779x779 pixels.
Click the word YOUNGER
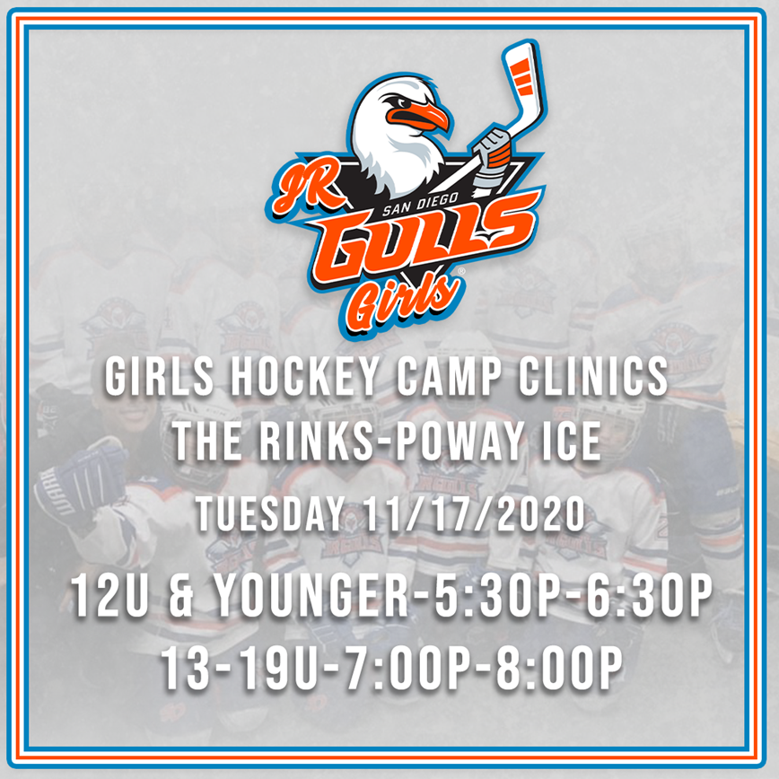click(318, 596)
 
